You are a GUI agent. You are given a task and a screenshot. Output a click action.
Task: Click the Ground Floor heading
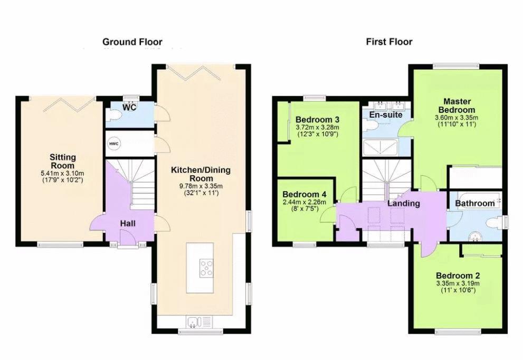tap(132, 42)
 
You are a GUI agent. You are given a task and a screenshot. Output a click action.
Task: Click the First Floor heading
tap(389, 42)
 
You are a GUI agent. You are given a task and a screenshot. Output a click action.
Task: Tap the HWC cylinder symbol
tap(114, 144)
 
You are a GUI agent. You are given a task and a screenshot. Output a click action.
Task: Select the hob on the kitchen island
tap(206, 268)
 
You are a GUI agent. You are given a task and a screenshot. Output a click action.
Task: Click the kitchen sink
tap(193, 321)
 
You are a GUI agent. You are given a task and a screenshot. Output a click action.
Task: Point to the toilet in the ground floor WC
tap(113, 116)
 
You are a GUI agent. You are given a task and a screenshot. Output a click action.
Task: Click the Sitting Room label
tap(63, 161)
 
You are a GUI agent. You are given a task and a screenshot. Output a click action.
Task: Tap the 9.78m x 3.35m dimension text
tap(201, 186)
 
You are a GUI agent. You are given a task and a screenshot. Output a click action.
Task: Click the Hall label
tap(128, 223)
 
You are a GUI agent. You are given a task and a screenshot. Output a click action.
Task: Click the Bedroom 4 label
tap(304, 194)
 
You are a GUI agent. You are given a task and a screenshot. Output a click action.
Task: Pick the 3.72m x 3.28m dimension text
tap(318, 127)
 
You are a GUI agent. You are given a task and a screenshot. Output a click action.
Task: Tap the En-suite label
tap(386, 115)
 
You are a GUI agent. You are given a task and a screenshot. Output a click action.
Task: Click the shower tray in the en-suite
tap(380, 147)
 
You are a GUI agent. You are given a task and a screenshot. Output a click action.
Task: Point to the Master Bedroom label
tap(457, 106)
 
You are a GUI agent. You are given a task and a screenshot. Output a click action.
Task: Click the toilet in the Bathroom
tap(494, 223)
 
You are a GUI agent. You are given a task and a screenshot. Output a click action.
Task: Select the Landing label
tap(404, 203)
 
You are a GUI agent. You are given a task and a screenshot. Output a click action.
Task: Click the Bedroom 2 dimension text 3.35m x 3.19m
tap(458, 283)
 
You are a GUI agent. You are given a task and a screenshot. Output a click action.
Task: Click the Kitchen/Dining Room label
tap(201, 174)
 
